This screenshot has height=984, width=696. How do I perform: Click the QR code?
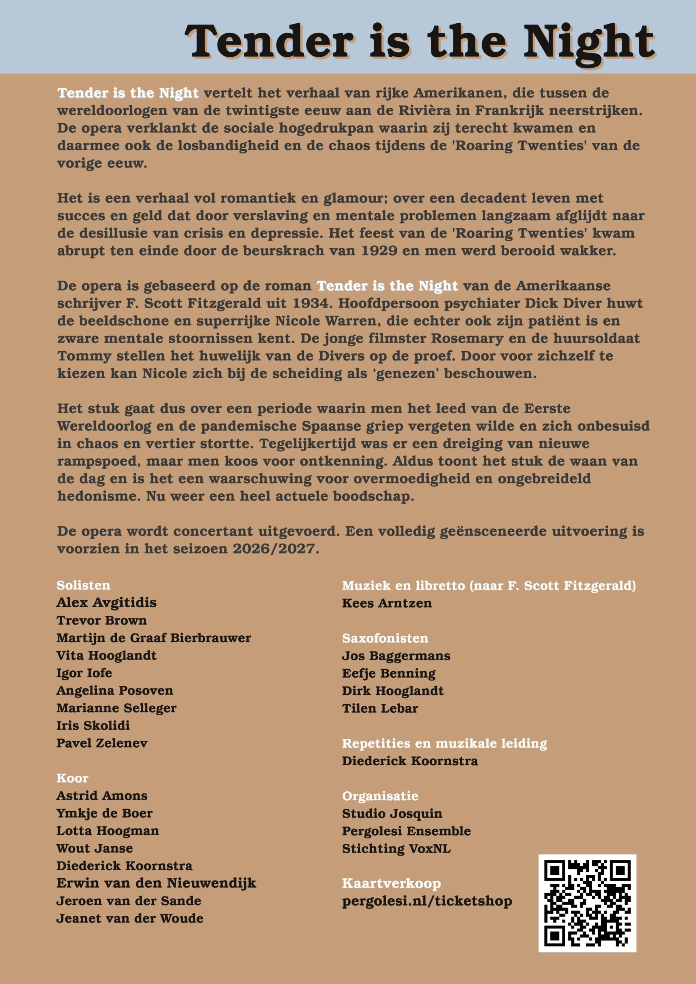(x=587, y=903)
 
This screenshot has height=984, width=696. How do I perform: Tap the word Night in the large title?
(x=589, y=42)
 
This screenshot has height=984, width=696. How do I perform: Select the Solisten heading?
(x=83, y=585)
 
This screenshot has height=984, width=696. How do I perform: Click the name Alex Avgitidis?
(x=107, y=603)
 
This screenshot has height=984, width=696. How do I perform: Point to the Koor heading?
(x=72, y=778)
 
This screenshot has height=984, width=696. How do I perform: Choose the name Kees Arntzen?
(x=386, y=603)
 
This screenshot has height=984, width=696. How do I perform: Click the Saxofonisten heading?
(x=385, y=638)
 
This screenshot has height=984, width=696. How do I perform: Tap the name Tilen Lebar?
(x=380, y=708)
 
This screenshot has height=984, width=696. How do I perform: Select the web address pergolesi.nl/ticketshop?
(x=427, y=901)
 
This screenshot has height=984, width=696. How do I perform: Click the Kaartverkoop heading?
(x=391, y=883)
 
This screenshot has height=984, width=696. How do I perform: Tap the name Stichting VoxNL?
(x=396, y=849)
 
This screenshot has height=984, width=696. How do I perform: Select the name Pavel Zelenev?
(x=102, y=743)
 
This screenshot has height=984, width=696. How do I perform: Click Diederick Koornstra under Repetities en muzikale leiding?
(x=410, y=761)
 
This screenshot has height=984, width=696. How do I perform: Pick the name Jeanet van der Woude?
(x=130, y=918)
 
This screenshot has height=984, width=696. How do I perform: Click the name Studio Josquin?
(x=392, y=813)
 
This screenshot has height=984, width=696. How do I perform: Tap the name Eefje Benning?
(x=388, y=673)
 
